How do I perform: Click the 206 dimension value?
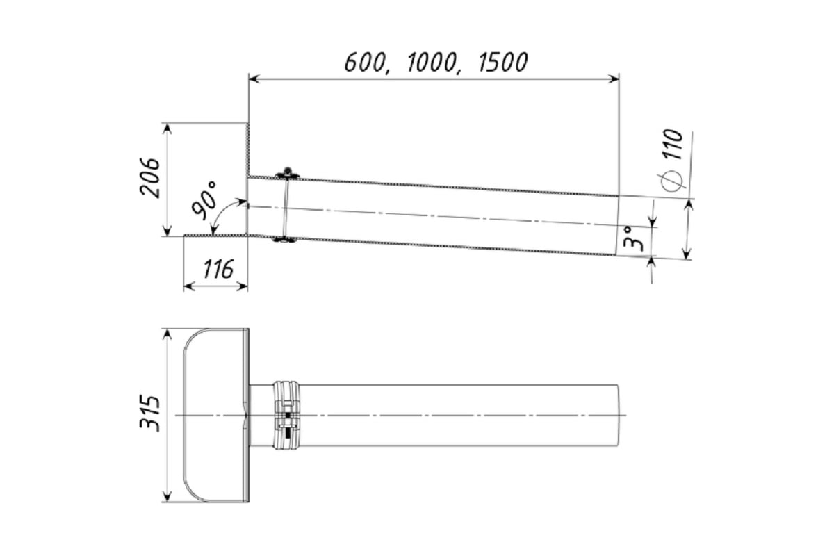click(x=149, y=177)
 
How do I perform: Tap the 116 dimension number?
click(x=218, y=269)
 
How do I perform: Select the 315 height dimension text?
click(x=149, y=413)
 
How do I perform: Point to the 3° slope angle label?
click(x=632, y=238)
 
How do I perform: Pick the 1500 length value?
click(x=502, y=62)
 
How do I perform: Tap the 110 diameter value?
click(x=673, y=145)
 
